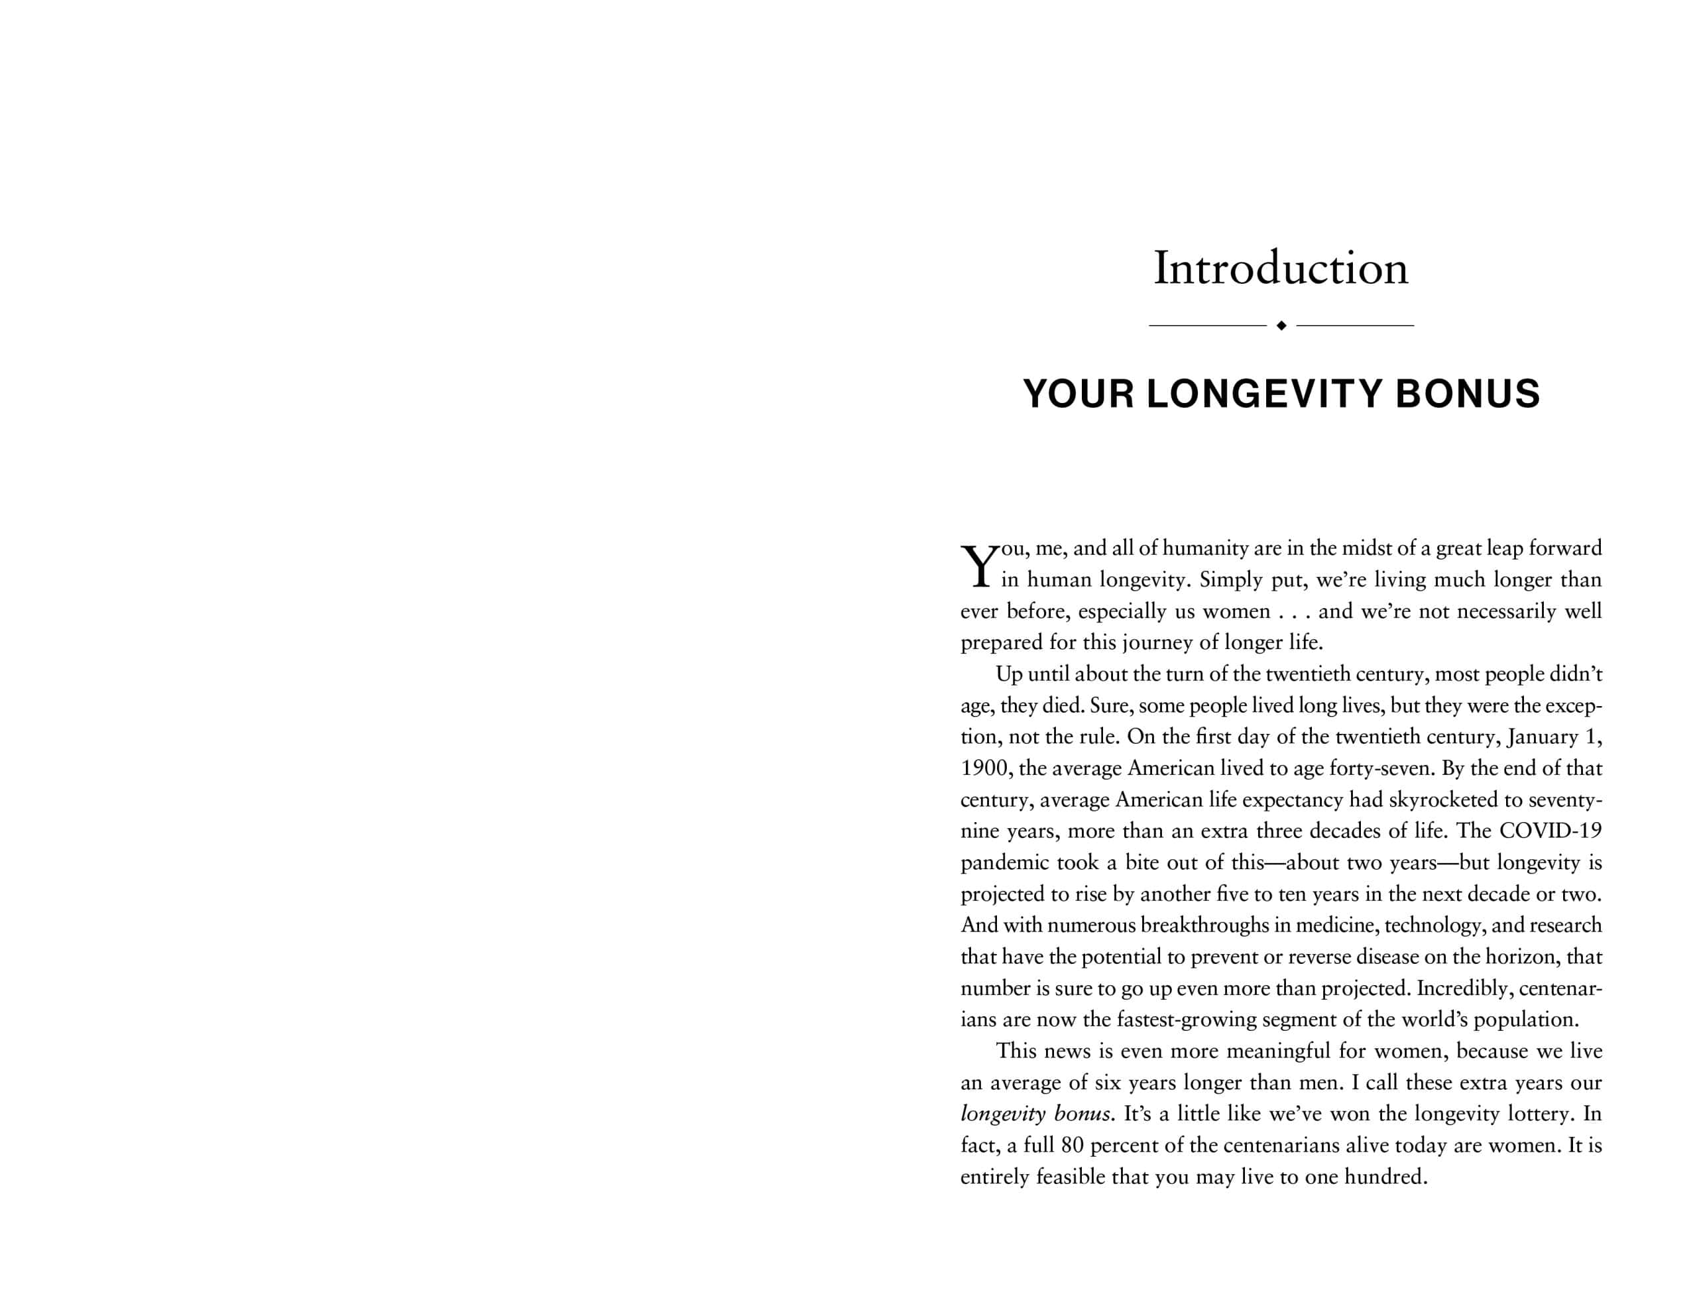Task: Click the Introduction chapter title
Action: click(x=1281, y=269)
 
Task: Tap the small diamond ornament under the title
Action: click(x=1281, y=326)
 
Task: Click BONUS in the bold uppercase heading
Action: click(x=1468, y=394)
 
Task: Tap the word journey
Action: click(x=1153, y=643)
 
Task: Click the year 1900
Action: click(x=984, y=768)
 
